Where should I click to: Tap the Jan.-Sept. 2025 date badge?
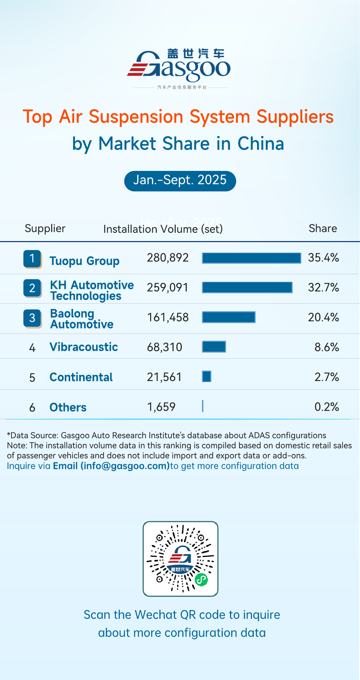(x=180, y=181)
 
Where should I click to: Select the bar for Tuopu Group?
(x=251, y=258)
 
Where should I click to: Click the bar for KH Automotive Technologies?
(x=247, y=287)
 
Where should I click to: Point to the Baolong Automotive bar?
(x=229, y=317)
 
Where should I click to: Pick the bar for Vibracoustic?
(x=214, y=347)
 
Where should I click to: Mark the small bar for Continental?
(x=207, y=377)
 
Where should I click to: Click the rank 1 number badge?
(x=32, y=259)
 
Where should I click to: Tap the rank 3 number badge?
(x=32, y=318)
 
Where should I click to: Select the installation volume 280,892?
(x=168, y=258)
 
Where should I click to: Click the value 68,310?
(x=165, y=347)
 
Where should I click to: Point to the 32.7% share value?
(x=323, y=287)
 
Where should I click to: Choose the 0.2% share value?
(x=327, y=407)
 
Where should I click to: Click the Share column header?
(x=323, y=228)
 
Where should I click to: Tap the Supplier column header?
(x=45, y=228)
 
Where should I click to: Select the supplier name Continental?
(x=81, y=377)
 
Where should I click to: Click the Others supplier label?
(x=68, y=407)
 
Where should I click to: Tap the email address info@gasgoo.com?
(x=125, y=466)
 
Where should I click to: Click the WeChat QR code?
(x=180, y=559)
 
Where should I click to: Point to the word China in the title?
(x=261, y=144)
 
